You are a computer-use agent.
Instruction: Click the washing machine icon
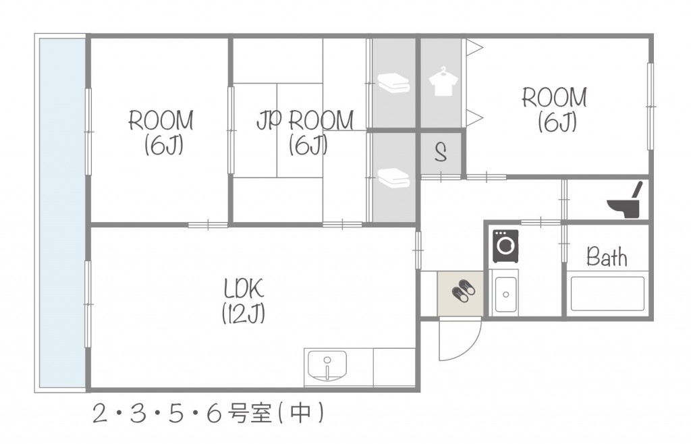click(505, 246)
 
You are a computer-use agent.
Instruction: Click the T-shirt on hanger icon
click(442, 81)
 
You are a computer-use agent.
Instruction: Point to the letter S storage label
click(441, 153)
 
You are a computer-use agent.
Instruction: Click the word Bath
click(606, 257)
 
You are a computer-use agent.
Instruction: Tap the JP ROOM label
click(305, 120)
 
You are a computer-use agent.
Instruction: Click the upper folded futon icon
click(393, 83)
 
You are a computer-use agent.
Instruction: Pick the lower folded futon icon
click(393, 177)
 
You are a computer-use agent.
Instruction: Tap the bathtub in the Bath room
click(607, 294)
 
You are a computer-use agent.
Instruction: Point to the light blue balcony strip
click(62, 212)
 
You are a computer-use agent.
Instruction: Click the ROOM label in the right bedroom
click(555, 98)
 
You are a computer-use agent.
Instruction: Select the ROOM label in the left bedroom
click(161, 121)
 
